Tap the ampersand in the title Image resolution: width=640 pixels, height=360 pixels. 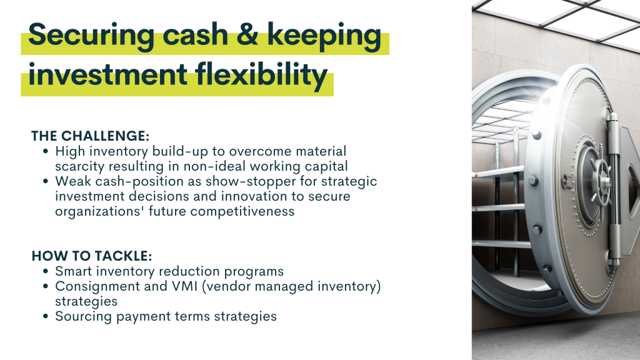tap(247, 34)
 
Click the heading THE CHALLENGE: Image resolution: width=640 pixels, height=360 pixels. tap(91, 136)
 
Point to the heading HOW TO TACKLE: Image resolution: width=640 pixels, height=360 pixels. tap(92, 256)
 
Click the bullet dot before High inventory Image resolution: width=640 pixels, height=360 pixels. tap(46, 151)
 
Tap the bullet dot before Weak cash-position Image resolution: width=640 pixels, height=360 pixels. tap(46, 181)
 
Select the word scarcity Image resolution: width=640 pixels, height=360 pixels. tap(80, 166)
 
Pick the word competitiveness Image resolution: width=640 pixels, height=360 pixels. tap(242, 211)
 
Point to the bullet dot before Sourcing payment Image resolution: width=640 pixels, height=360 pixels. tap(46, 316)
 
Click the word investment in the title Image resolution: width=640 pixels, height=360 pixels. tap(107, 75)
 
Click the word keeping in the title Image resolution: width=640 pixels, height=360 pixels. tap(324, 36)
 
